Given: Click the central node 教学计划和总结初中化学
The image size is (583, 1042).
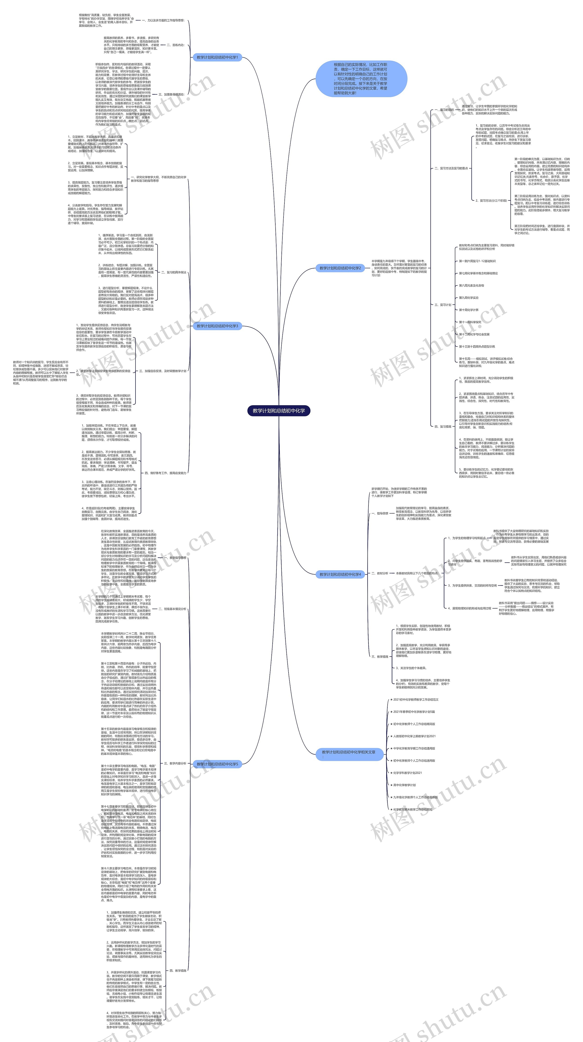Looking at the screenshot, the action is coord(279,411).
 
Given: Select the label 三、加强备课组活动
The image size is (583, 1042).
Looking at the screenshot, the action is coord(171,94).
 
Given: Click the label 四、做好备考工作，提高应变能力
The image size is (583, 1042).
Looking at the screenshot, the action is coord(165,473).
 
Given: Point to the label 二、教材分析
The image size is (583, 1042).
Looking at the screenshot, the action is coord(380,573).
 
